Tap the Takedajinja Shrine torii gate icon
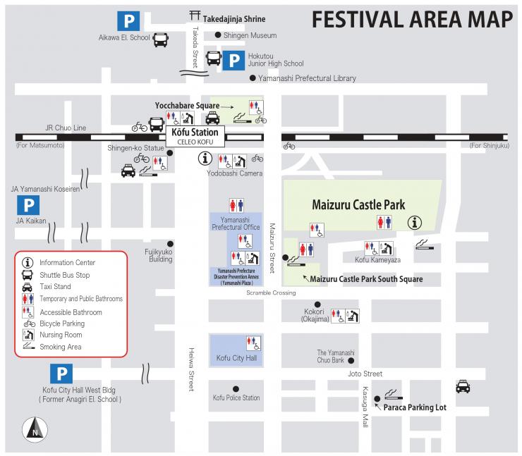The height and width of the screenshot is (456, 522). tap(194, 16)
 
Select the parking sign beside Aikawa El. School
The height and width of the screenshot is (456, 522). tap(128, 20)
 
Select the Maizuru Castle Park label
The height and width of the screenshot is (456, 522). tap(358, 205)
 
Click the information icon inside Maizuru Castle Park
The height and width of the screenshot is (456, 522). tap(415, 223)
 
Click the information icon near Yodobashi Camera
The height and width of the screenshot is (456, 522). tap(205, 159)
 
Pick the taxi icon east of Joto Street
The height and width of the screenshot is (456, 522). tap(462, 386)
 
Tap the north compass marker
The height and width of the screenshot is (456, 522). tap(35, 428)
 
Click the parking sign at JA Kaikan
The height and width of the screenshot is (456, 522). tap(28, 206)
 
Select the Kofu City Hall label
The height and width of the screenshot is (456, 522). tap(236, 359)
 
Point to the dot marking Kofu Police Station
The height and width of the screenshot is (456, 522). tap(236, 388)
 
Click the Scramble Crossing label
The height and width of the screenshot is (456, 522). tap(271, 292)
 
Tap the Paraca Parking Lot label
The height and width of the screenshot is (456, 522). tap(415, 407)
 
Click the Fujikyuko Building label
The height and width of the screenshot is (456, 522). tap(159, 254)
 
